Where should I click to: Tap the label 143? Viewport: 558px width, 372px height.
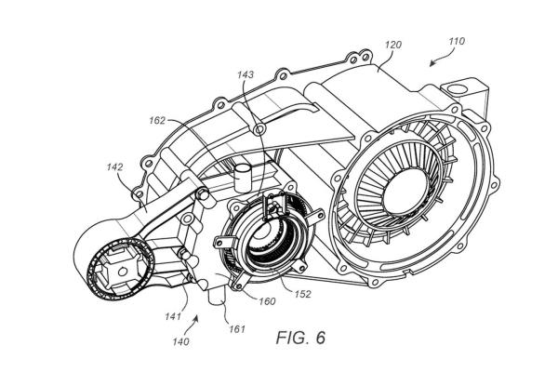click(245, 75)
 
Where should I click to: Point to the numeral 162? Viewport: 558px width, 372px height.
click(155, 119)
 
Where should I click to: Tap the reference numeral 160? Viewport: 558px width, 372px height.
click(268, 300)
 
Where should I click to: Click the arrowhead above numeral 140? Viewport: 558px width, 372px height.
click(196, 322)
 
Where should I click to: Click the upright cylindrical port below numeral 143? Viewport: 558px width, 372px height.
click(244, 174)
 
